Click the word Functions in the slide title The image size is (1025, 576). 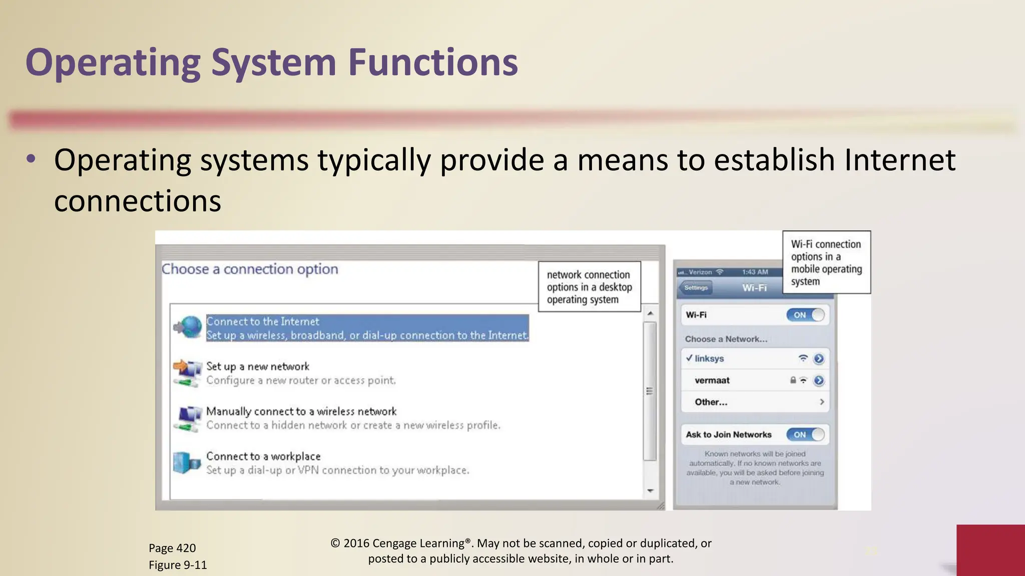[432, 62]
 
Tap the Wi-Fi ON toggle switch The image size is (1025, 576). [805, 315]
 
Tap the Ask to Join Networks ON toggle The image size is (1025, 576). [805, 434]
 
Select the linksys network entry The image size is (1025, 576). [709, 358]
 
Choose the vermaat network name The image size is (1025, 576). [712, 380]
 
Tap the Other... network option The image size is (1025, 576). [711, 402]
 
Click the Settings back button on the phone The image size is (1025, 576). [696, 287]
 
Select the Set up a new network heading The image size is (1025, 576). [258, 366]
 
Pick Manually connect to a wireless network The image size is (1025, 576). [301, 411]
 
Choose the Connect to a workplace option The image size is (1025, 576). [263, 456]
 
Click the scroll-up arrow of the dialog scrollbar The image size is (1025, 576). [650, 313]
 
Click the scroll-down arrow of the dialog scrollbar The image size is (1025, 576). [650, 490]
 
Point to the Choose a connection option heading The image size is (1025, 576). [250, 269]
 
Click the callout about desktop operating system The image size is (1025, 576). [589, 287]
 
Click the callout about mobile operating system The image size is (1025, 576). [826, 262]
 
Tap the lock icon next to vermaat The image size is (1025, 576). [793, 380]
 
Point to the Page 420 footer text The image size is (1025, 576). [172, 548]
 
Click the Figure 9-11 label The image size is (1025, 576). [178, 565]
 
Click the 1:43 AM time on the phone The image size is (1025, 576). [755, 272]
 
